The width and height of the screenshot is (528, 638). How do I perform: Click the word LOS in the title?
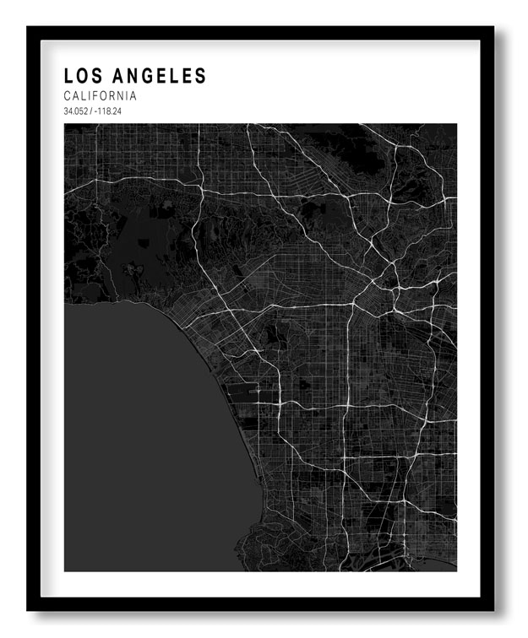(83, 76)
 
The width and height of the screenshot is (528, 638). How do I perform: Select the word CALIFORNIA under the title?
(100, 96)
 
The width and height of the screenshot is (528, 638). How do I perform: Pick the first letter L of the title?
(68, 76)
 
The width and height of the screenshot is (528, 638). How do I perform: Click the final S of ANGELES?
(201, 76)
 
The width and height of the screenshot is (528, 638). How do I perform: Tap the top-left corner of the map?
(65, 125)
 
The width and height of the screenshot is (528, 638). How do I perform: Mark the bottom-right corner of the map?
(456, 570)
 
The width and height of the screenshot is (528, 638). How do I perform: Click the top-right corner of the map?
(456, 125)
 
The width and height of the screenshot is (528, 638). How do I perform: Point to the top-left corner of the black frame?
(28, 27)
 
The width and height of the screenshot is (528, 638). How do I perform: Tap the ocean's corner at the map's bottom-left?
(67, 569)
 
